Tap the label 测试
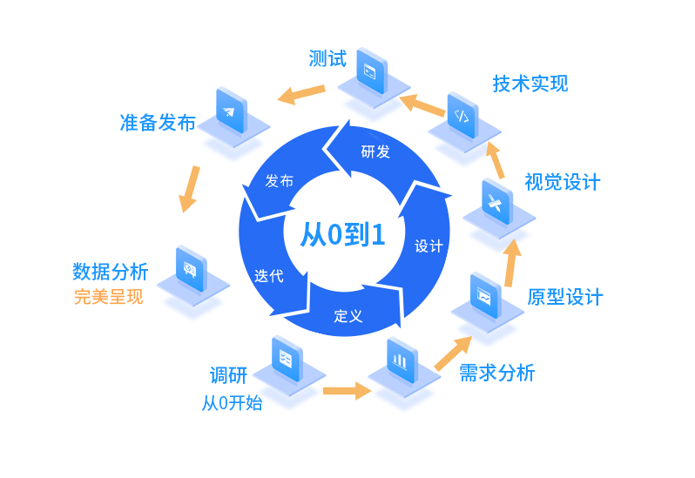[x=327, y=59]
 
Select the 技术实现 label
[x=530, y=84]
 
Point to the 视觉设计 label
[x=562, y=182]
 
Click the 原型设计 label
[x=564, y=297]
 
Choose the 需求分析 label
[x=496, y=374]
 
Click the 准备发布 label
[x=158, y=123]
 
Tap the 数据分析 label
[x=110, y=272]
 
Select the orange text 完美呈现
[x=108, y=297]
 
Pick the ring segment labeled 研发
[x=375, y=152]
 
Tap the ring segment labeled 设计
[x=428, y=246]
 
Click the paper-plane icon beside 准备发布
[x=229, y=111]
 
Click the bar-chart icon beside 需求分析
[x=400, y=359]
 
